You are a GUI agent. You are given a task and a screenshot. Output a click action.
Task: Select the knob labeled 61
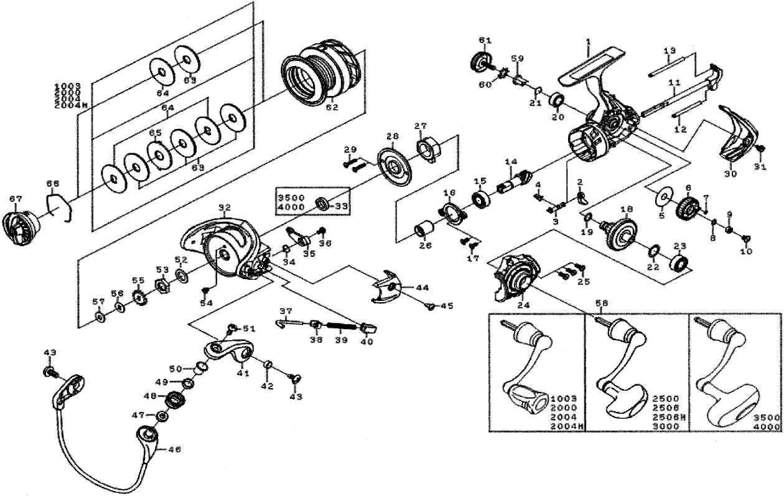pyautogui.click(x=481, y=62)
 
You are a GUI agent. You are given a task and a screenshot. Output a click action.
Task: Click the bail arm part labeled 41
pyautogui.click(x=228, y=353)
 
